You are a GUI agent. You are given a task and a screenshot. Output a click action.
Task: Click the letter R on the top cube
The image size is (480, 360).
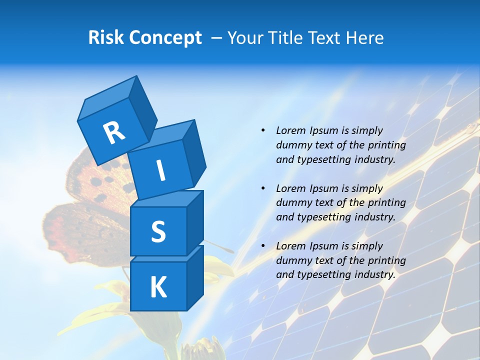114,133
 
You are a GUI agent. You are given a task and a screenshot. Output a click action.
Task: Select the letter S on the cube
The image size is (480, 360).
158,231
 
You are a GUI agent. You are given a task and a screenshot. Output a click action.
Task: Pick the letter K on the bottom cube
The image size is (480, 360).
158,287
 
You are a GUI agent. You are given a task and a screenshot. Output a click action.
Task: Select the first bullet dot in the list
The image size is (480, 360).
263,130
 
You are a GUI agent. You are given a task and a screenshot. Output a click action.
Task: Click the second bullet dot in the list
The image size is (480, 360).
263,188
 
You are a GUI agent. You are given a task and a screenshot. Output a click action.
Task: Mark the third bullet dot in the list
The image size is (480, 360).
263,246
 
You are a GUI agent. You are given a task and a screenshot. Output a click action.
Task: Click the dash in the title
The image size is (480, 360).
217,38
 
